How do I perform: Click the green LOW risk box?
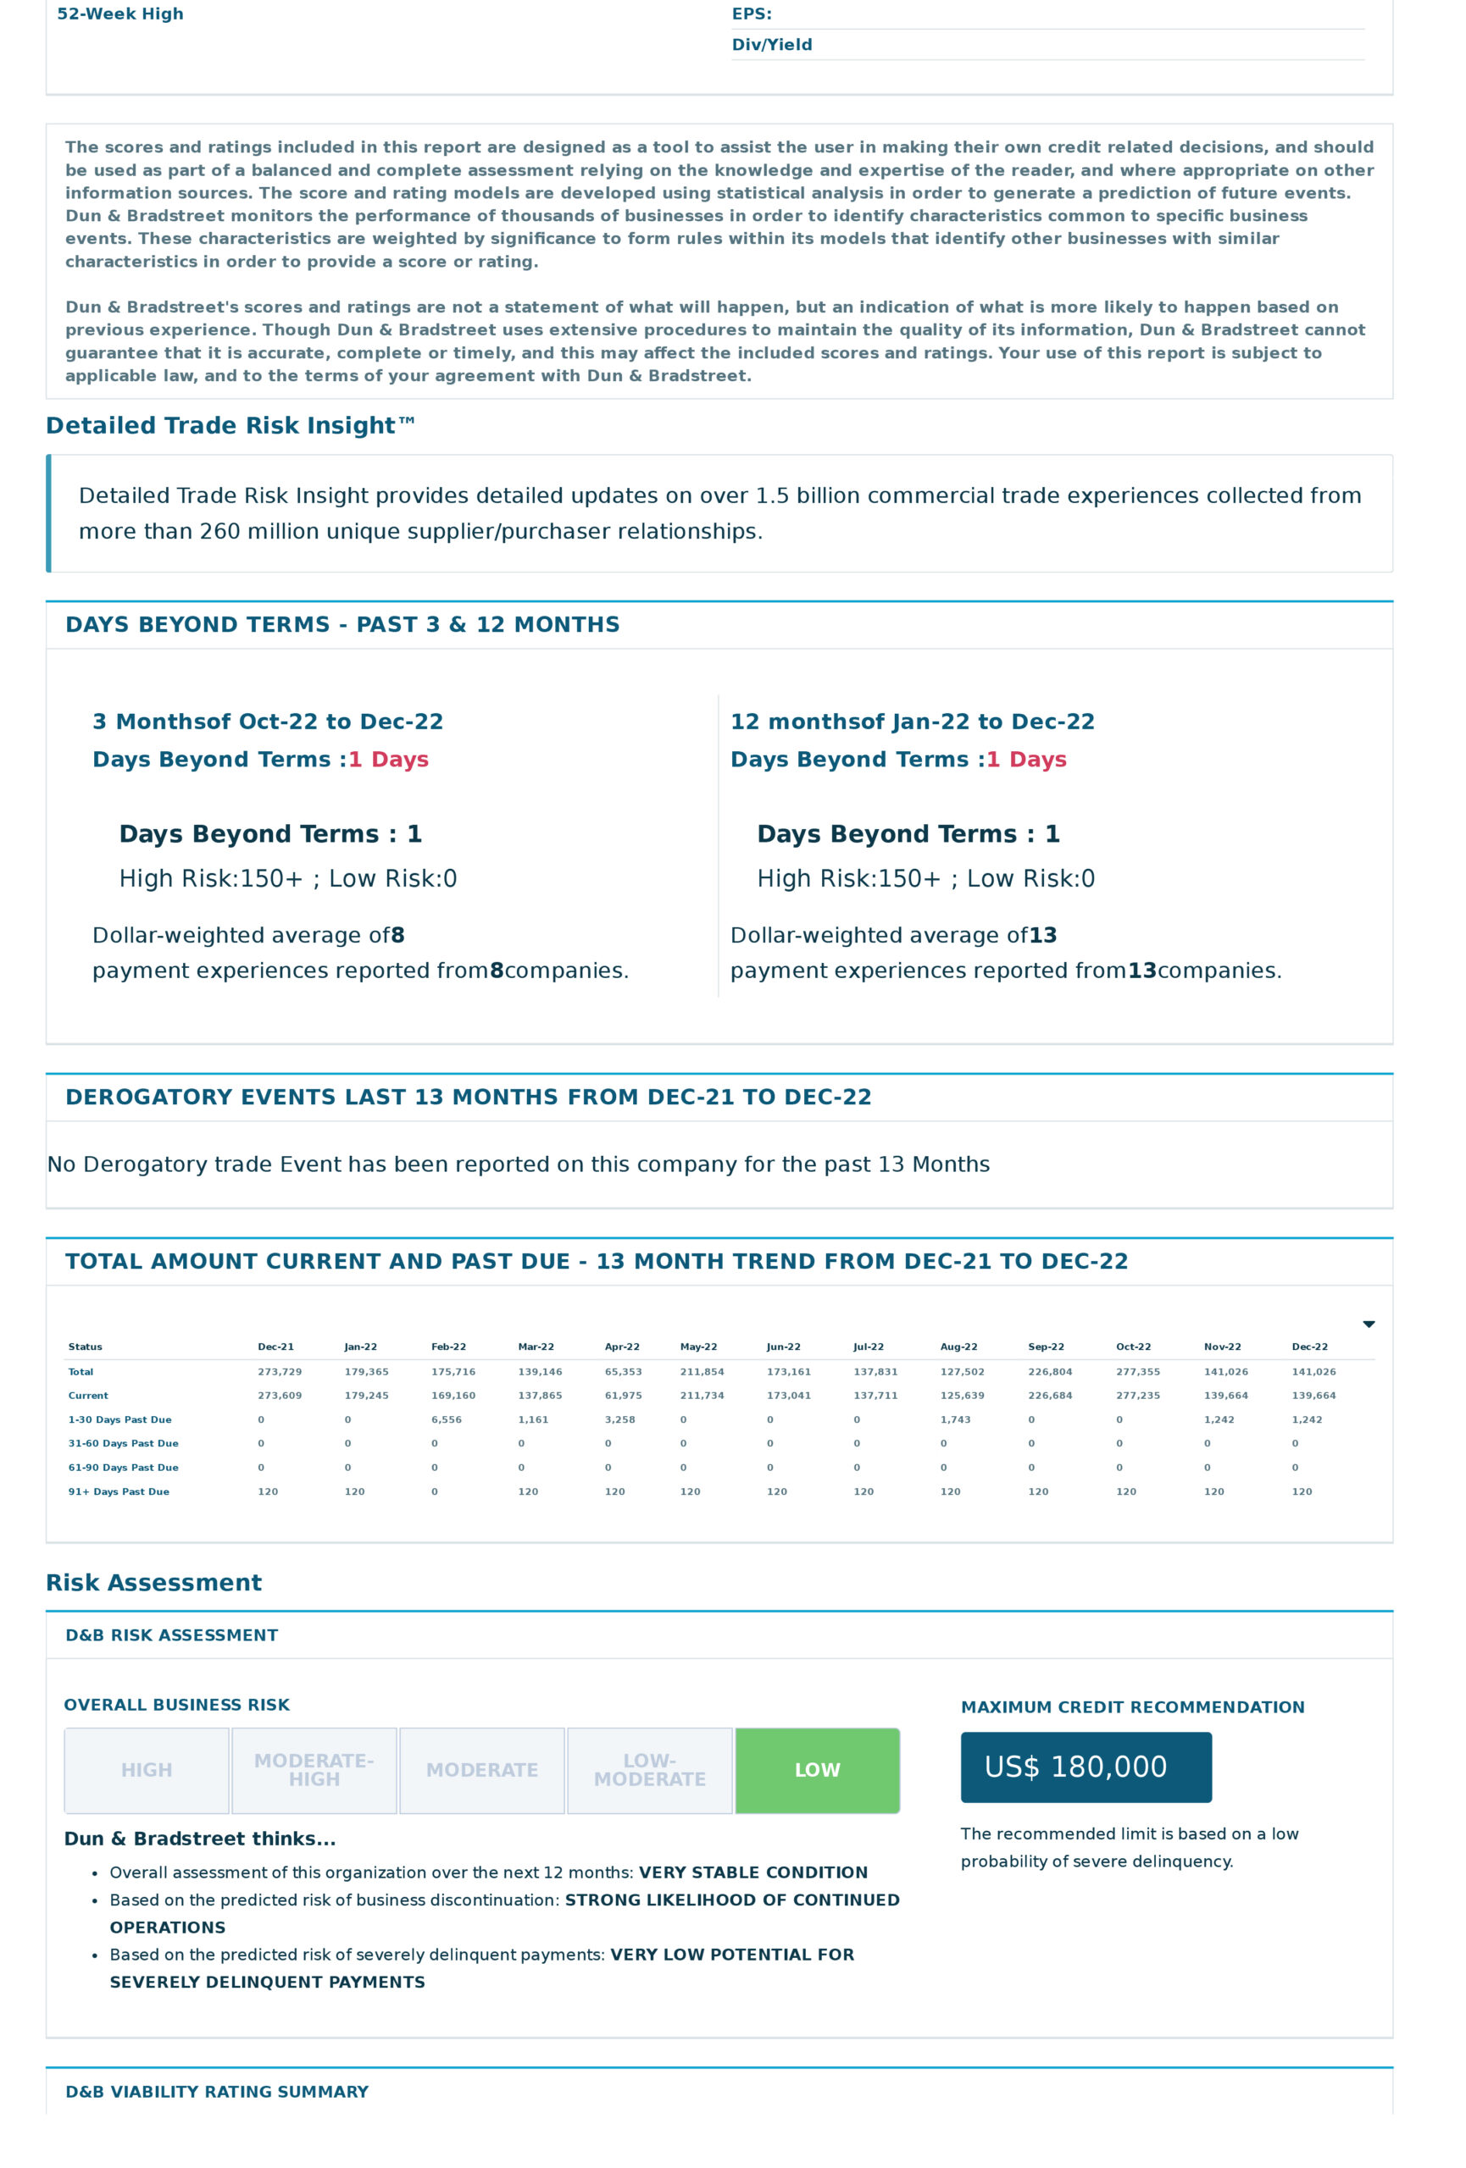(818, 1770)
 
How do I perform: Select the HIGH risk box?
(147, 1770)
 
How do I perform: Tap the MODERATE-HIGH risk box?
(314, 1770)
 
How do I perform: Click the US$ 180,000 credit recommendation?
(1086, 1767)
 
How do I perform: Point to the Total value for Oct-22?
(1137, 1371)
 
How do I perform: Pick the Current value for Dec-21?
(279, 1396)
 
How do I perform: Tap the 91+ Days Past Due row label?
(119, 1491)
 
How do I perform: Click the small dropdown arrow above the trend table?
(1368, 1325)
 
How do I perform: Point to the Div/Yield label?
(772, 45)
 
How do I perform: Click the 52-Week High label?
(120, 14)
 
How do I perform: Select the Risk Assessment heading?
(154, 1583)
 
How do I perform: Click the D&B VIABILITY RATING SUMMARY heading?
(216, 2092)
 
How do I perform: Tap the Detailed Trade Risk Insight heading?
(230, 425)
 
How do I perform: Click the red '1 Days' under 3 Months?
(388, 760)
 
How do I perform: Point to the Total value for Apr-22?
(623, 1371)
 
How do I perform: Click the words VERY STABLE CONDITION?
(752, 1872)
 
